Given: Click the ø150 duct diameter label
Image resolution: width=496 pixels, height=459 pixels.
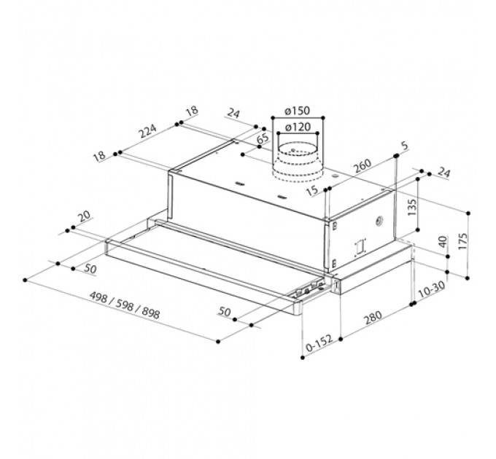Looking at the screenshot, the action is [x=297, y=111].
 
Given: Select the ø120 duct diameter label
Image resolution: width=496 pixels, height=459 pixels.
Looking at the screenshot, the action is [x=298, y=127].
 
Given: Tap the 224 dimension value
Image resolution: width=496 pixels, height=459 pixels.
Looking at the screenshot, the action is [x=148, y=131].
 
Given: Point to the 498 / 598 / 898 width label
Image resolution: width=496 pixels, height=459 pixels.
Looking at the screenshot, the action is [x=125, y=305].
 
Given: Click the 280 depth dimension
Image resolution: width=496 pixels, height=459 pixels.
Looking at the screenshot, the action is [x=373, y=318].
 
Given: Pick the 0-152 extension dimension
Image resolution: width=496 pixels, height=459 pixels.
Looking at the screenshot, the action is [x=319, y=343].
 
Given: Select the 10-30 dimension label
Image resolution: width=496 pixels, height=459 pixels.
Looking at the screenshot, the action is [x=432, y=290].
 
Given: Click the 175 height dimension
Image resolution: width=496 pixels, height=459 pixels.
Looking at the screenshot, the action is [x=462, y=242].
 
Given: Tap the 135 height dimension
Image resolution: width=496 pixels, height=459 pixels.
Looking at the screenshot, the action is [x=412, y=207].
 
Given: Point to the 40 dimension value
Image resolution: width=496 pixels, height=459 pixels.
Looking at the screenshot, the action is [x=443, y=242].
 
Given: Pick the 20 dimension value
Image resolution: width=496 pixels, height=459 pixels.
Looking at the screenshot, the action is [x=85, y=216].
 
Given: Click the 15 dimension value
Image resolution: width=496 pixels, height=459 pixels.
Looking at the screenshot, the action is [x=312, y=190].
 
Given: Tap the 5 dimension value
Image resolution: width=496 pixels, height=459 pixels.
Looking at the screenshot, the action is [x=405, y=146].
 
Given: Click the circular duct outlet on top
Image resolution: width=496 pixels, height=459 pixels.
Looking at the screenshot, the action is [x=298, y=163].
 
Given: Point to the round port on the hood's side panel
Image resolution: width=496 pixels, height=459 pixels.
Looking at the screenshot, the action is [x=379, y=221].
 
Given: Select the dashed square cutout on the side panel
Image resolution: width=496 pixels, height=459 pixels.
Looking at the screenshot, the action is [x=360, y=247].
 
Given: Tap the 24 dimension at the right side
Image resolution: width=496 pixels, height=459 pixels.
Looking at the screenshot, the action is [x=443, y=173].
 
